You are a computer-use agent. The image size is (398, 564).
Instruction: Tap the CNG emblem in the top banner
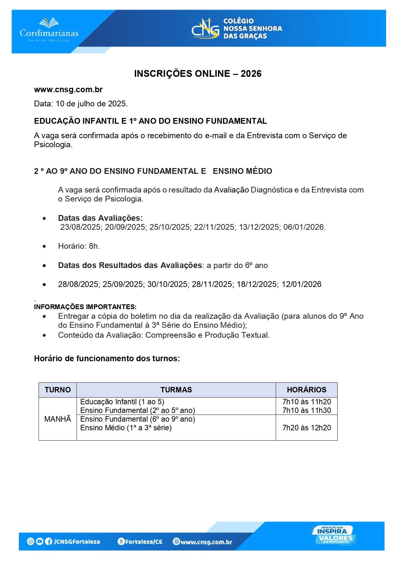tap(205, 29)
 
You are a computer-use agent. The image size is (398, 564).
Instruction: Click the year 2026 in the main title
tap(251, 74)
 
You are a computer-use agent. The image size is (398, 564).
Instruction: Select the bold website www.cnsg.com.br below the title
tap(68, 90)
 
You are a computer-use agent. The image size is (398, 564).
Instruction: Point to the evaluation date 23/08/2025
tap(81, 227)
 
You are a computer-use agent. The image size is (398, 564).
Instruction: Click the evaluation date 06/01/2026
tap(304, 227)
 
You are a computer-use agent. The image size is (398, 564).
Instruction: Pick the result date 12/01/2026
tap(301, 284)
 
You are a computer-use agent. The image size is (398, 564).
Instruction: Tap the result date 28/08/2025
tap(78, 284)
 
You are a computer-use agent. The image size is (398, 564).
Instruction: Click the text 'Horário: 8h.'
tap(79, 246)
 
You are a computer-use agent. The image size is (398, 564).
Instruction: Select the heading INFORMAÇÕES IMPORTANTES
tap(85, 307)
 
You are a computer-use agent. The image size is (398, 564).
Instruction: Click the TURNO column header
tap(58, 390)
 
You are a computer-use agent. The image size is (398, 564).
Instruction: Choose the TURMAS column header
tap(176, 390)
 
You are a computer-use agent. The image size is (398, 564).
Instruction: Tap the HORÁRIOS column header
tap(307, 390)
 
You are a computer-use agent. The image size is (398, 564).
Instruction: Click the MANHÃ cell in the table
tap(58, 419)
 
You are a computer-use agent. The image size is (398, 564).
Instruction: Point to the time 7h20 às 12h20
tap(307, 428)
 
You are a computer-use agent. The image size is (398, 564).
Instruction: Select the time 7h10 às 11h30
tap(307, 410)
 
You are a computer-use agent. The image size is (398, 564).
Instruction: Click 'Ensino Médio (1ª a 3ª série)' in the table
tap(126, 428)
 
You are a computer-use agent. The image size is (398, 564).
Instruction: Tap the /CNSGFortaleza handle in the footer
tap(77, 542)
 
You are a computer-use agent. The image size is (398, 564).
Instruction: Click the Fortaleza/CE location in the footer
tap(143, 542)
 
